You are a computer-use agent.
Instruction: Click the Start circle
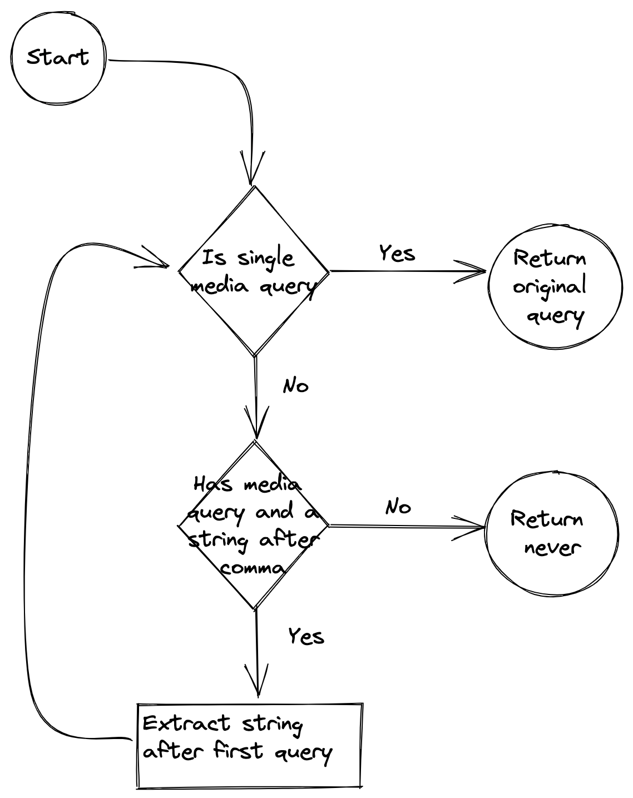58,58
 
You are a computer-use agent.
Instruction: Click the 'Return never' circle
551,534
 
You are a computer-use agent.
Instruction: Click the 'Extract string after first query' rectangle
250,745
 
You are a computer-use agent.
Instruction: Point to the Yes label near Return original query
397,254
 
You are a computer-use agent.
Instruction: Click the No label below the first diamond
295,386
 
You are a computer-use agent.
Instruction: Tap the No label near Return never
398,507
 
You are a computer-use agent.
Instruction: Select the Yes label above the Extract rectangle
306,636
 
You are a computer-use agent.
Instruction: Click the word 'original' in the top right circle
550,287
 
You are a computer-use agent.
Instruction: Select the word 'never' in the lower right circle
552,548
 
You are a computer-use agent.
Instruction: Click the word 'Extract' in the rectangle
186,723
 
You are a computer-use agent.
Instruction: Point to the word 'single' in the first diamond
265,259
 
